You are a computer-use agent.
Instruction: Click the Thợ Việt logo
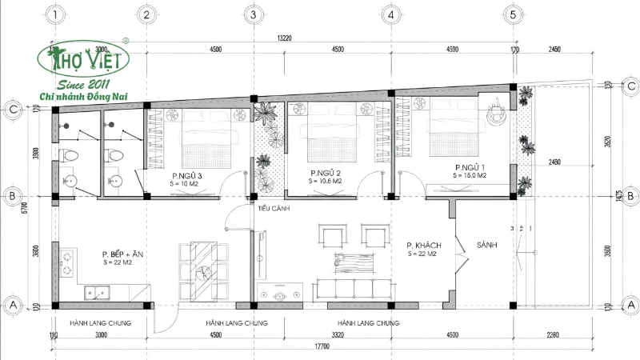[79, 60]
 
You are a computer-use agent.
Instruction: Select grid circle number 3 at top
[253, 14]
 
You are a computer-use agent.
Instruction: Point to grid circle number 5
[513, 14]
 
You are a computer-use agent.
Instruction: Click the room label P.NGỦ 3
[186, 175]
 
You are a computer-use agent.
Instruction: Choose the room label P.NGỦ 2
[326, 173]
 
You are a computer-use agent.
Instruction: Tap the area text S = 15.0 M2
[470, 174]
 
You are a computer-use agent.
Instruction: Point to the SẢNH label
[487, 245]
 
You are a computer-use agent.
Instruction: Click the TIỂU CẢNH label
[273, 209]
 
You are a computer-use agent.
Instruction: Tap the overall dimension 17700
[322, 346]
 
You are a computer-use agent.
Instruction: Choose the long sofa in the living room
[351, 286]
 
